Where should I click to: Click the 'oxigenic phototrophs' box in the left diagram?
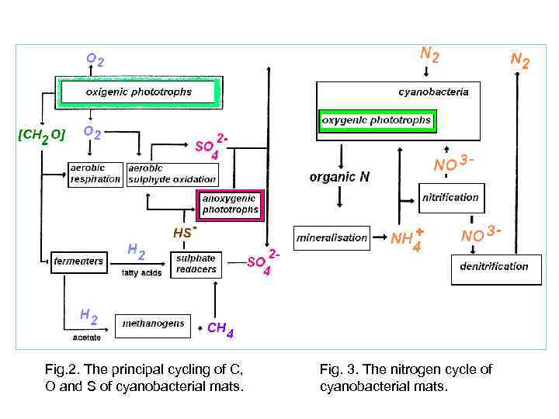point(138,92)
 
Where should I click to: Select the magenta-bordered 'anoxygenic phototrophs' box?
point(231,204)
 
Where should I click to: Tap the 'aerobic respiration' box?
point(95,174)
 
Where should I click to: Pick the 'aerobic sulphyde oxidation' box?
point(172,174)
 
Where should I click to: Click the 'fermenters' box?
point(78,261)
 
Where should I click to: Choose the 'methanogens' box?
point(153,324)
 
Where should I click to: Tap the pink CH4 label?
point(220,329)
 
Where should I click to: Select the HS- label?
point(184,232)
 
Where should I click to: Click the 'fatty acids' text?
point(141,273)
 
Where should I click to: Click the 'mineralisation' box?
point(332,237)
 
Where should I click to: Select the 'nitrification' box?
point(450,197)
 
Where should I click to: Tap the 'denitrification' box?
point(494,266)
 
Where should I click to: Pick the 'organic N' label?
point(339,177)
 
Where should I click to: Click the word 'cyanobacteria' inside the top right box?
point(433,92)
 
